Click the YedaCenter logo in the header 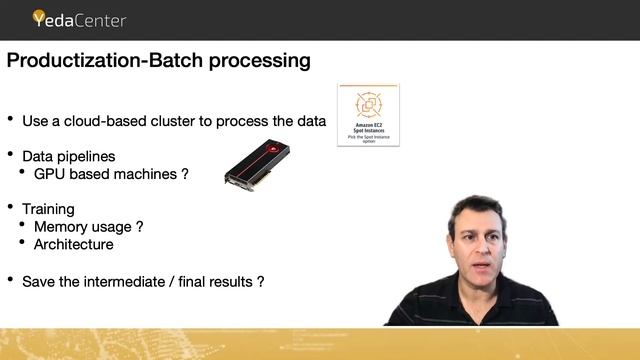pyautogui.click(x=79, y=18)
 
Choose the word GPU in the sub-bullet pyautogui.click(x=51, y=174)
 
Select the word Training pyautogui.click(x=49, y=209)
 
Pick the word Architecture pyautogui.click(x=74, y=244)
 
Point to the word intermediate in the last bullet pyautogui.click(x=126, y=281)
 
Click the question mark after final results pyautogui.click(x=261, y=281)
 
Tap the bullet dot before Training pyautogui.click(x=11, y=207)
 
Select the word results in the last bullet pyautogui.click(x=230, y=281)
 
